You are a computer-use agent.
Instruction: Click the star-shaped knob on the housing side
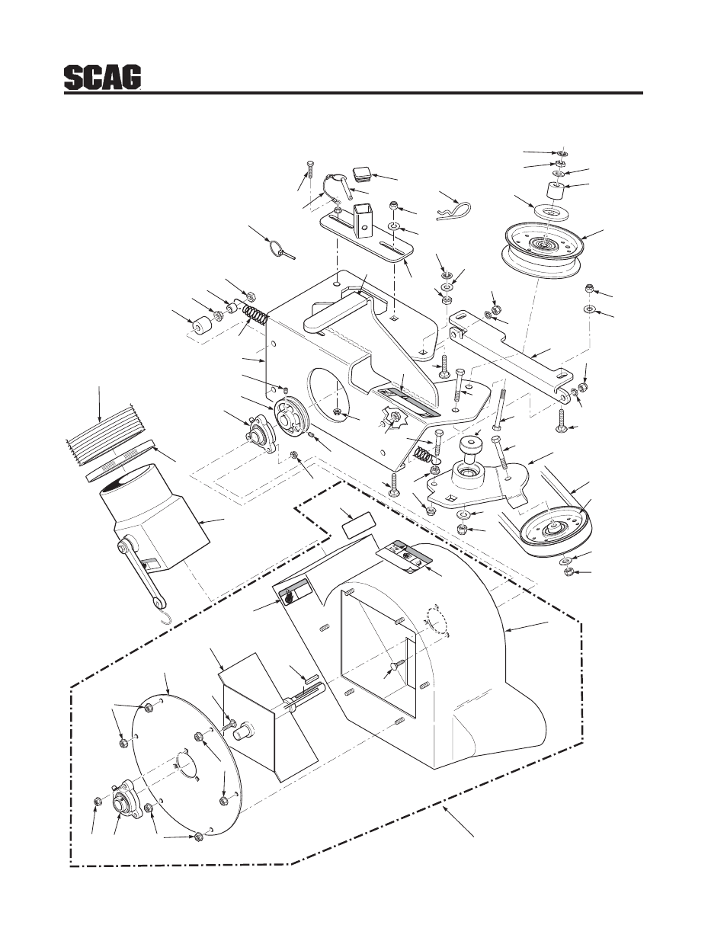393,420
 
